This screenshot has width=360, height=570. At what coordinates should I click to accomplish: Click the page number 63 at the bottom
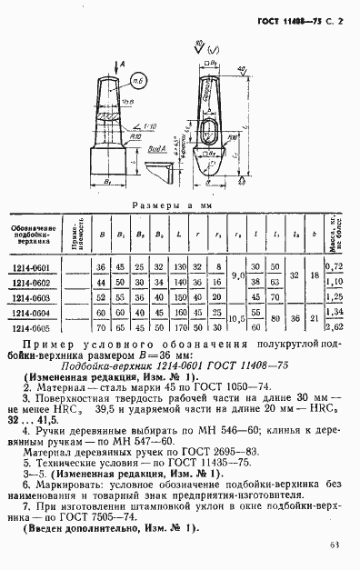click(x=335, y=545)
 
